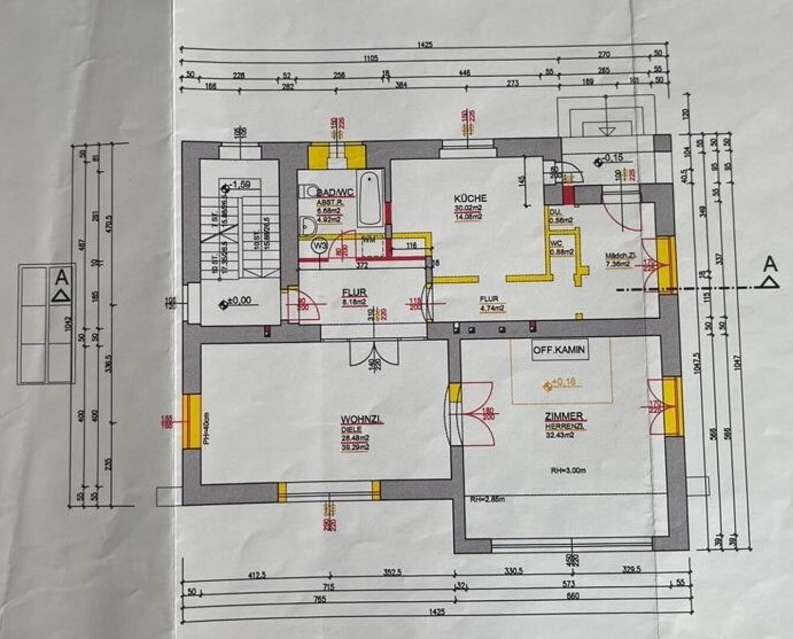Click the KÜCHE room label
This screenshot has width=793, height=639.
click(470, 198)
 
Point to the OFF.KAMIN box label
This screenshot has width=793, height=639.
click(559, 350)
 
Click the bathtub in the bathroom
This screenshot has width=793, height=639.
click(370, 198)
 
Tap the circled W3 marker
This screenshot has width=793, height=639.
click(320, 245)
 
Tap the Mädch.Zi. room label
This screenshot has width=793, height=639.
click(620, 256)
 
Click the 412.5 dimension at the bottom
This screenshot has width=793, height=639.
click(256, 574)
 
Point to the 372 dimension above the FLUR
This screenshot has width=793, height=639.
click(362, 266)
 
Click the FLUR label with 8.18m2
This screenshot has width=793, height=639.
click(354, 292)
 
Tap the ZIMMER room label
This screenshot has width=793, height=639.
click(565, 416)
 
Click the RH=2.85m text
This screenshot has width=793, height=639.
click(483, 499)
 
